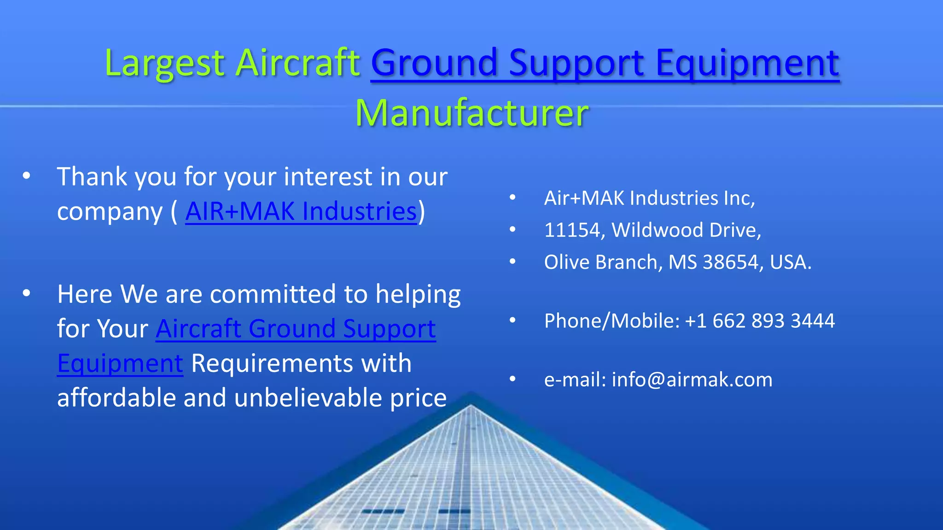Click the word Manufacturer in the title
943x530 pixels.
(x=471, y=113)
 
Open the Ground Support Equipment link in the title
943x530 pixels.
(x=605, y=63)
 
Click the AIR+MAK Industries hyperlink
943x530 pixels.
(x=301, y=212)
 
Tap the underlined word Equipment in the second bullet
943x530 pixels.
(x=120, y=363)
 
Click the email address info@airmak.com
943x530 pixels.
(x=692, y=380)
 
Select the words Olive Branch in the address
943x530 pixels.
(x=603, y=262)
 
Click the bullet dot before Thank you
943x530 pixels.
(x=26, y=176)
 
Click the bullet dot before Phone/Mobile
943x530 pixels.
(x=512, y=320)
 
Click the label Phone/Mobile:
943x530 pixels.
(x=612, y=321)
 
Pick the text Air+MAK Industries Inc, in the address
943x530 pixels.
(x=649, y=198)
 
